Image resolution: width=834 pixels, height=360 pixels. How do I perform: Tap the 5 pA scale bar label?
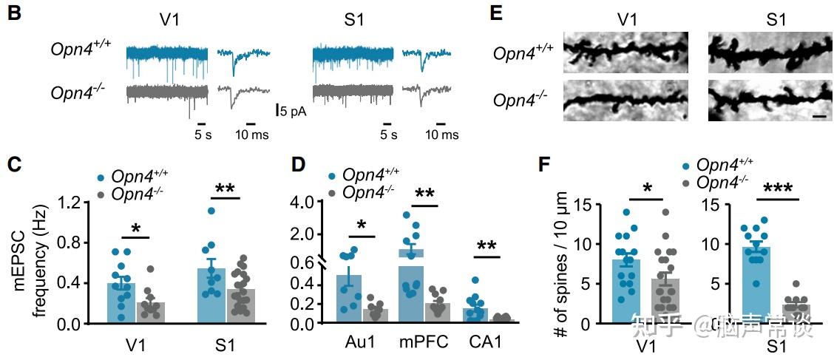point(291,112)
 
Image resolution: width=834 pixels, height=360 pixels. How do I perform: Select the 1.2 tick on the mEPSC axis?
point(68,202)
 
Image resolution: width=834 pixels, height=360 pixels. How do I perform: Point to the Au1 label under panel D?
point(359,343)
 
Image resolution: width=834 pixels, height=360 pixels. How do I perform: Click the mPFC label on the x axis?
point(424,343)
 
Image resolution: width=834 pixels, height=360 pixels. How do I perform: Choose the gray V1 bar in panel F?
point(665,300)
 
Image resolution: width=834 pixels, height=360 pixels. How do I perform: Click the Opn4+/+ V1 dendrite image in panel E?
point(625,52)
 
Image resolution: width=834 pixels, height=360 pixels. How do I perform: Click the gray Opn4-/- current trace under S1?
point(348,92)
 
